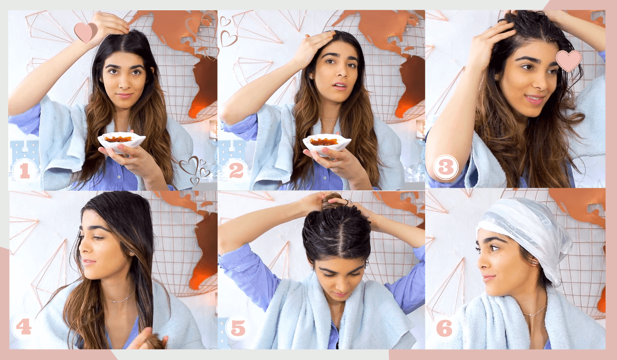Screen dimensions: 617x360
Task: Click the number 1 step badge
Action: point(25,171)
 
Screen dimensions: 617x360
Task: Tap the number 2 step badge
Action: point(237,171)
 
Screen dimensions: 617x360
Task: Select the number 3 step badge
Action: point(446,167)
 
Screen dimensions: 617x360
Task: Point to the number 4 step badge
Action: point(24,327)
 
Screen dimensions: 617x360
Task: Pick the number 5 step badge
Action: point(238,328)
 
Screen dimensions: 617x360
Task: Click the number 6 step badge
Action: point(444,328)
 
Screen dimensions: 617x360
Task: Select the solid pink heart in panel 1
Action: point(86,32)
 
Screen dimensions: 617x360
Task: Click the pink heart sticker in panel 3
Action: point(569,61)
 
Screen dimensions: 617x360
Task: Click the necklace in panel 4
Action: point(119,299)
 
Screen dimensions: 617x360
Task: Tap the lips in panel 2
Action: point(340,86)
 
